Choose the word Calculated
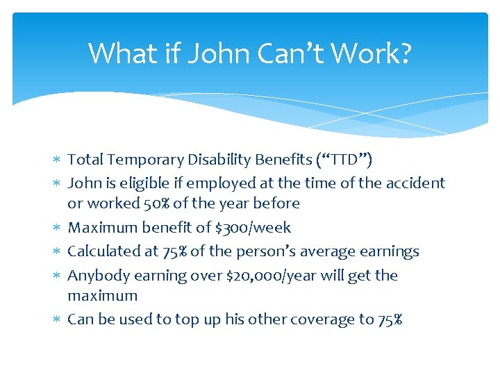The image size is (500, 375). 101,251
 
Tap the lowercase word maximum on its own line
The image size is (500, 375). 102,296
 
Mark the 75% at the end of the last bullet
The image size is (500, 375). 390,319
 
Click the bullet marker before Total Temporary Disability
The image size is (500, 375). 60,160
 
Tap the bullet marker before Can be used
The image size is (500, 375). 60,320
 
